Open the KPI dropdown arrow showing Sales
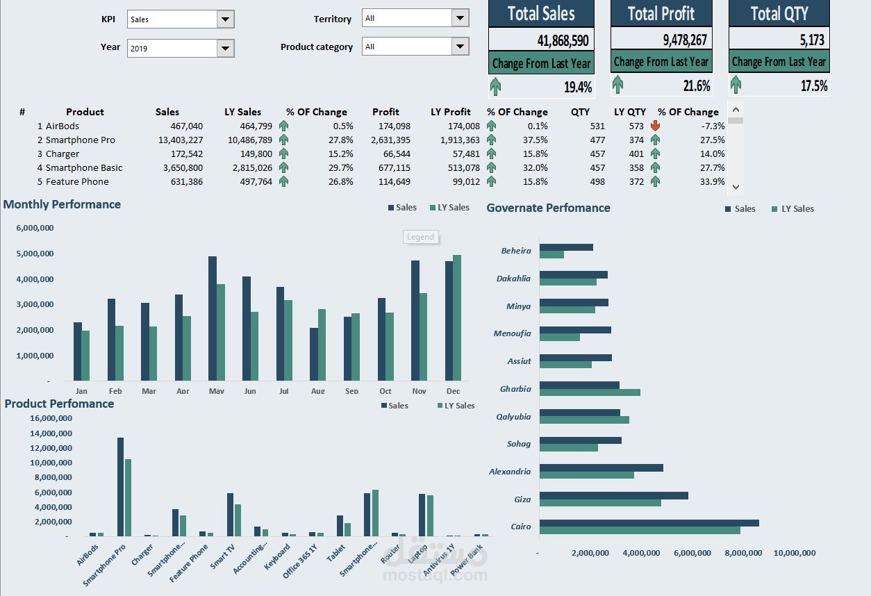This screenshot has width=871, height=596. coord(225,19)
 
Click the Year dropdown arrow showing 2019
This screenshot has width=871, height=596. coord(225,49)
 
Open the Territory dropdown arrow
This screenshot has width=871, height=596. coord(460,18)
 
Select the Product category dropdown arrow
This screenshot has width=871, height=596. coord(460,47)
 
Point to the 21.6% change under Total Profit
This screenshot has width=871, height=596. coord(697,86)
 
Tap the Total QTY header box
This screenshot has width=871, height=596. coord(779,13)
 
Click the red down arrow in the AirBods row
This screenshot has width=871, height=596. coord(655,126)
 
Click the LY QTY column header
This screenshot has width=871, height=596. coord(629,112)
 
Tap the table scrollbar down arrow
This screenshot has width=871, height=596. coord(736,187)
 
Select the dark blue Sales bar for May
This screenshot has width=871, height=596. coord(213,318)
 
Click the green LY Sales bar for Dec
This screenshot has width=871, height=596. coord(456,317)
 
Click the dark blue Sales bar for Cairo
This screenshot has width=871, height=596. coord(649,522)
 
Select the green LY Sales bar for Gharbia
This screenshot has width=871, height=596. coord(590,392)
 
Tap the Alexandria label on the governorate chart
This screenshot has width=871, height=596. coord(510,472)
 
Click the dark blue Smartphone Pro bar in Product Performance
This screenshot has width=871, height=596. coord(120,486)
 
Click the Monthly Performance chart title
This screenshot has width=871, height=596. coord(62,204)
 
